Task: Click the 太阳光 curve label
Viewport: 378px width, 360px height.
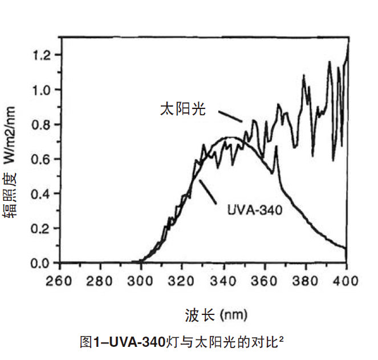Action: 182,109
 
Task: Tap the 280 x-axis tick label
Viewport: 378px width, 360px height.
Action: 100,281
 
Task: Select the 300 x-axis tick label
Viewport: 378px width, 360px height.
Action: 141,281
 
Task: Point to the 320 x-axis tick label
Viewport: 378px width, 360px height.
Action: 182,281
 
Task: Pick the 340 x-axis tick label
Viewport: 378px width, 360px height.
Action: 223,281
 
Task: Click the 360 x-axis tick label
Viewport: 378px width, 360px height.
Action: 265,281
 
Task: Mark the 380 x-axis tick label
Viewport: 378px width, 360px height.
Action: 306,281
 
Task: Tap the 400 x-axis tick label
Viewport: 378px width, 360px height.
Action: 346,281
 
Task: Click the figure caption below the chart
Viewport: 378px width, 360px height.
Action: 183,342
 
